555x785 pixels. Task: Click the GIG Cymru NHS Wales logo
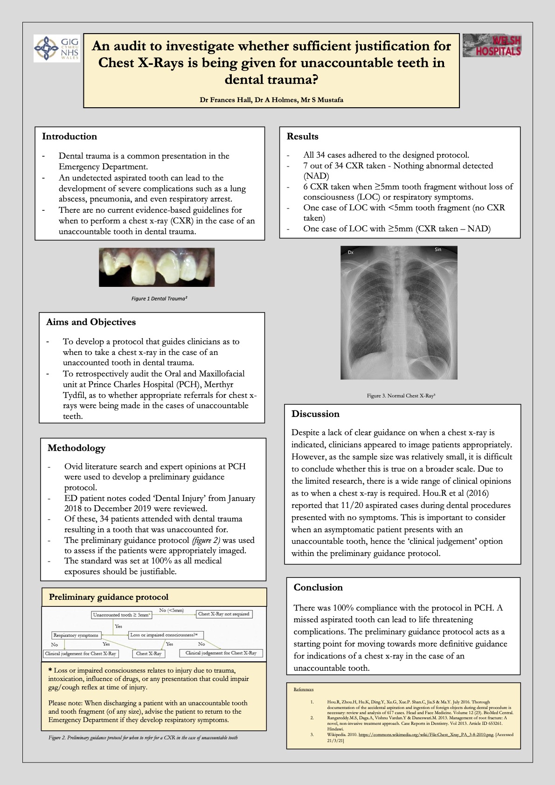click(56, 49)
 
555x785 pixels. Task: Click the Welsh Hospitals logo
click(492, 46)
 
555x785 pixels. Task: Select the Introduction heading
click(69, 137)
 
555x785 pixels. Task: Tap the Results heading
click(302, 137)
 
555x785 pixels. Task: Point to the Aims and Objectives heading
click(91, 322)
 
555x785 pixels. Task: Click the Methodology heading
click(76, 448)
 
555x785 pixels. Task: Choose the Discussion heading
click(315, 414)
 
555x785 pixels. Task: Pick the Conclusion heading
click(318, 588)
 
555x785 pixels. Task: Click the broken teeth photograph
click(157, 267)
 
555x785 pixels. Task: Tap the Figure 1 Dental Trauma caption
click(159, 299)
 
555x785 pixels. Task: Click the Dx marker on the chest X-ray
click(351, 252)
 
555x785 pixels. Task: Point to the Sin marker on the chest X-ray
click(437, 250)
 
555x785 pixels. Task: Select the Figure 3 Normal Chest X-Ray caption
click(401, 396)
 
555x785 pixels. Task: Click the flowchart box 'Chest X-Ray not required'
click(224, 614)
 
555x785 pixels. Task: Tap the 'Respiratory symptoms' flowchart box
click(76, 635)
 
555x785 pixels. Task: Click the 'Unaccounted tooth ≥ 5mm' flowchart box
click(122, 615)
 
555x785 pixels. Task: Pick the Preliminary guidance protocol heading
click(109, 597)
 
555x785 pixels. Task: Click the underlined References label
click(304, 689)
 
